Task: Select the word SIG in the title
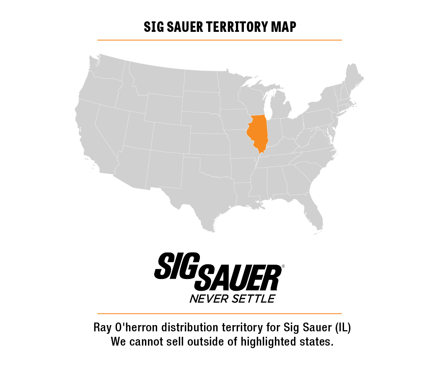point(153,27)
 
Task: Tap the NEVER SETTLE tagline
point(232,299)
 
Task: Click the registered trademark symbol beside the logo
point(283,266)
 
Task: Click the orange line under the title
point(220,40)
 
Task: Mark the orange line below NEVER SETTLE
point(220,313)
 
